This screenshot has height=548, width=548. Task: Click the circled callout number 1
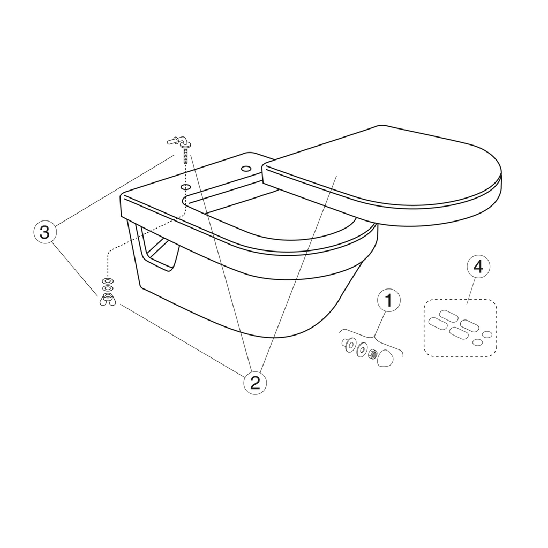pos(389,301)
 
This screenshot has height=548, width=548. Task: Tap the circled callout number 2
pos(255,382)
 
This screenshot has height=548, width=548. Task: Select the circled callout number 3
pos(44,232)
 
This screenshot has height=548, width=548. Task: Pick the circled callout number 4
pos(478,267)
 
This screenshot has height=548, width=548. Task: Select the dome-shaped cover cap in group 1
pos(385,358)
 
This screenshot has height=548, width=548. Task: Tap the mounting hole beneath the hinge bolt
pos(186,187)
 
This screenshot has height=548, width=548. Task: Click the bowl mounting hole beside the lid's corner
pos(246,169)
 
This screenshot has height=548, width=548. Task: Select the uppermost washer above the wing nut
pos(108,280)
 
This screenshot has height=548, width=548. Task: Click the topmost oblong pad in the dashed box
pos(448,315)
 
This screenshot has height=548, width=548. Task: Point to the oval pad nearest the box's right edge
pos(487,334)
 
